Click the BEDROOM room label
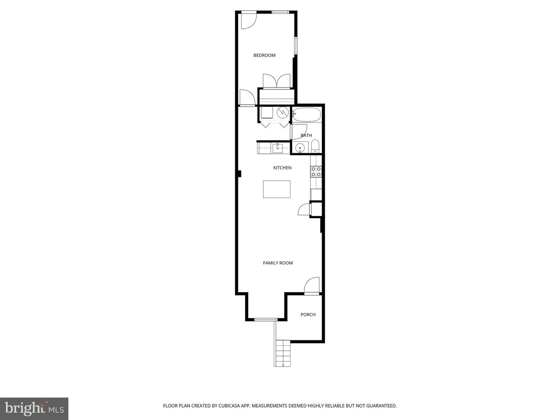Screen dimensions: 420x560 click(x=264, y=55)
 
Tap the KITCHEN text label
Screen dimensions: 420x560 click(x=282, y=168)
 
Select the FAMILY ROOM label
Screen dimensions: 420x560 click(x=278, y=263)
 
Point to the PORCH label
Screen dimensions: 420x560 click(x=308, y=315)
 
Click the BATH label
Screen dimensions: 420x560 click(x=306, y=135)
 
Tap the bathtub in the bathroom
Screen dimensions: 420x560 click(x=306, y=115)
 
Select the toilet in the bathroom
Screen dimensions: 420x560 click(x=315, y=147)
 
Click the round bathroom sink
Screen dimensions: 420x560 click(x=300, y=148)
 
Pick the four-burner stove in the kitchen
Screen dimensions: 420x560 click(x=316, y=171)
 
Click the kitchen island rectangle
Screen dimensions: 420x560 click(x=276, y=189)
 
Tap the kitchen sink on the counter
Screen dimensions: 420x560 click(x=277, y=148)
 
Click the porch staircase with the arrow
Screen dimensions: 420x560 click(x=283, y=353)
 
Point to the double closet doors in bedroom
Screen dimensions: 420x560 click(x=276, y=81)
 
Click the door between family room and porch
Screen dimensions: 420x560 click(x=311, y=286)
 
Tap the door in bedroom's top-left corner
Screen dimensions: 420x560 click(x=248, y=20)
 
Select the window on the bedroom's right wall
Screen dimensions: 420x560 click(x=295, y=45)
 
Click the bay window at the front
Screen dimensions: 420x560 click(x=266, y=320)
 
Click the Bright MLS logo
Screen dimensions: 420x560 click(x=34, y=408)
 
